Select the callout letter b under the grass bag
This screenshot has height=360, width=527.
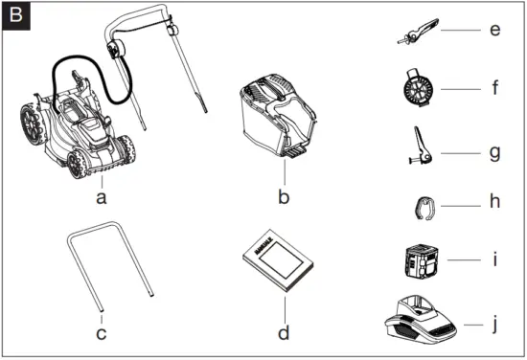click(x=284, y=198)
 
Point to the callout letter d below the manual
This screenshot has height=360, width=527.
click(x=283, y=334)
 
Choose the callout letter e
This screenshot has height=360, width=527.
click(x=493, y=30)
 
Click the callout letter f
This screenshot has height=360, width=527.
click(x=494, y=89)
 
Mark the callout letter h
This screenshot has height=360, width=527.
click(x=493, y=205)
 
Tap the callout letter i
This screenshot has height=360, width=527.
click(x=493, y=259)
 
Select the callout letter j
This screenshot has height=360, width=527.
click(x=494, y=325)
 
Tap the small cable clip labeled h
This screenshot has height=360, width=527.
click(x=421, y=206)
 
